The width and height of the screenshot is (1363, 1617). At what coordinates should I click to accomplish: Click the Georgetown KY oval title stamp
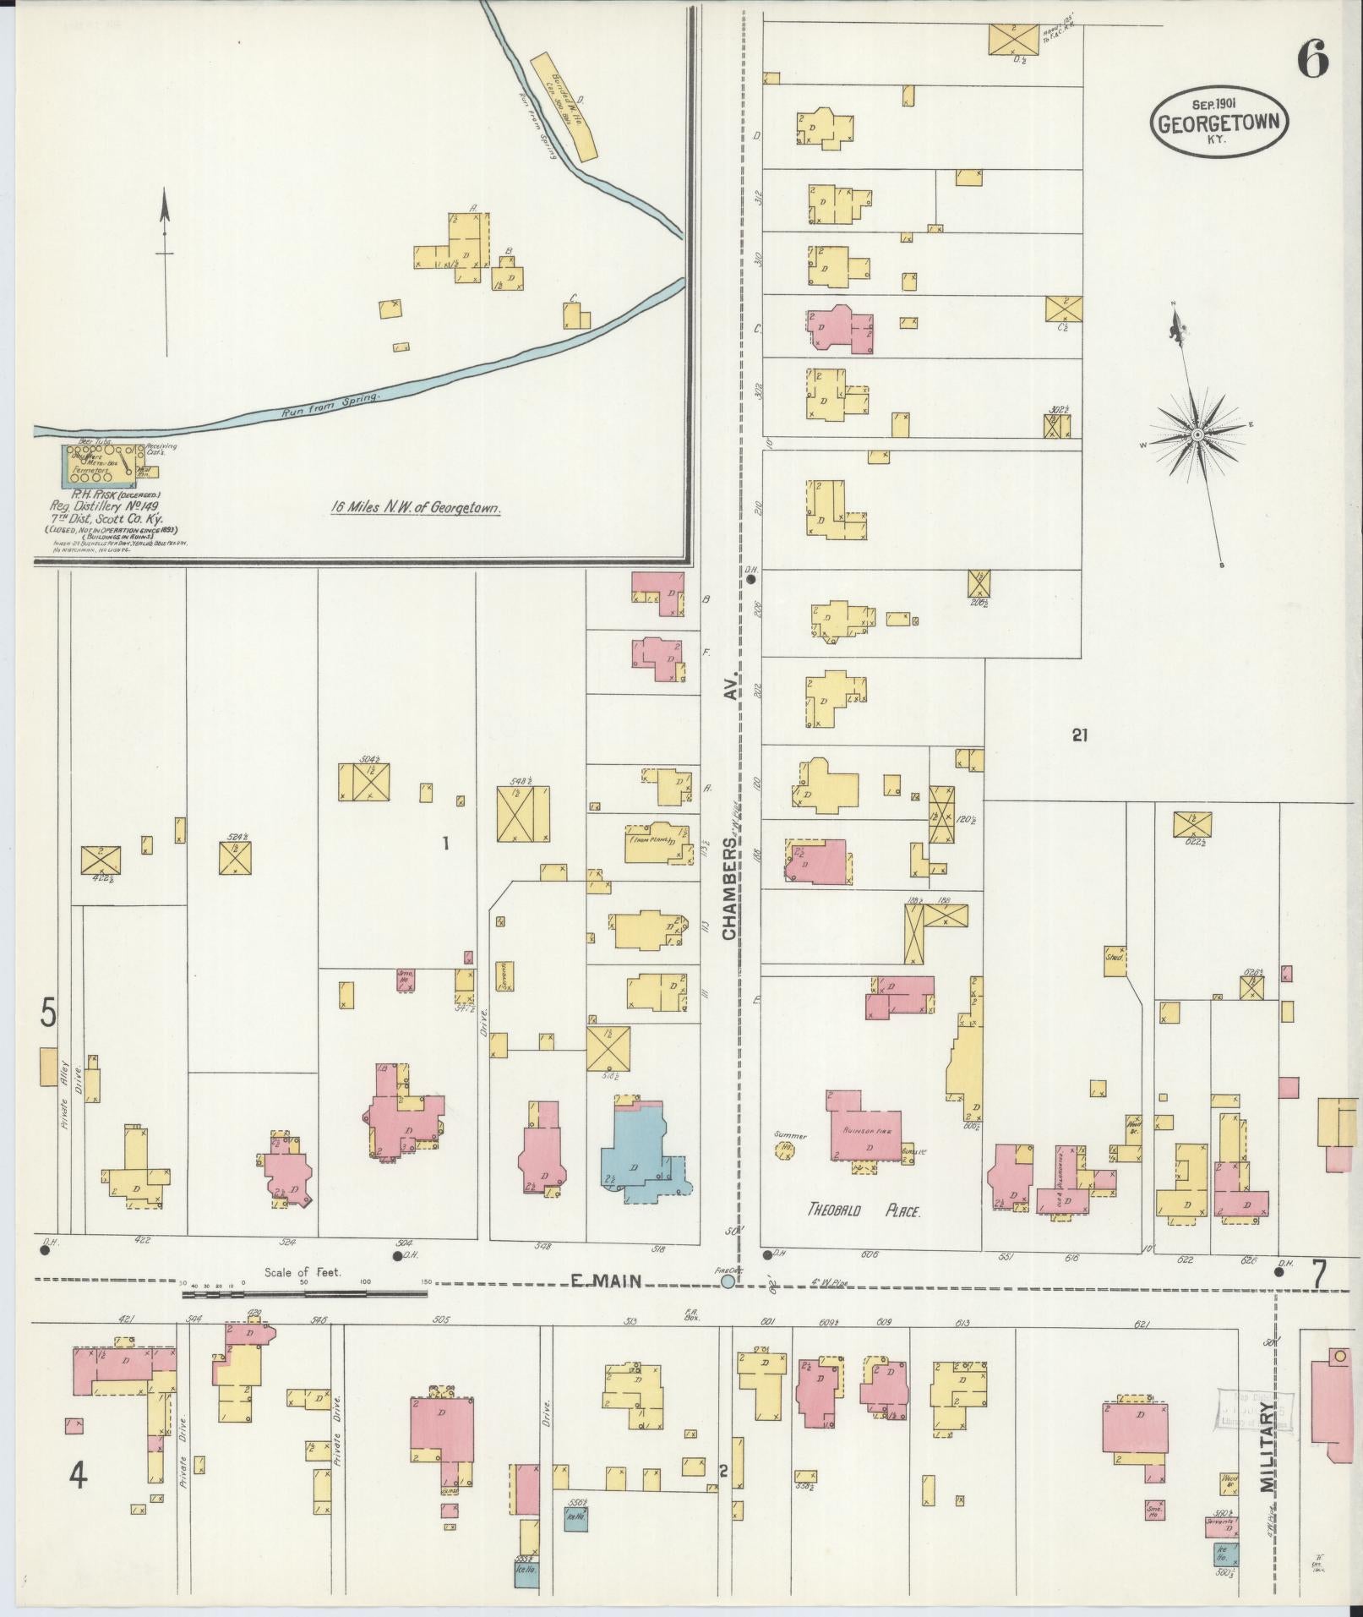tap(1219, 124)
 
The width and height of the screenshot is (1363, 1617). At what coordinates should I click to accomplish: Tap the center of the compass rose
tap(1197, 434)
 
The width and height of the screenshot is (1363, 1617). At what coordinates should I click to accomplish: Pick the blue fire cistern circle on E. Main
tap(728, 1306)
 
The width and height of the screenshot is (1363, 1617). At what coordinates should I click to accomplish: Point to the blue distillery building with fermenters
tap(102, 466)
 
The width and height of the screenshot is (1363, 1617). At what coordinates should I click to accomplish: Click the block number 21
tap(1078, 735)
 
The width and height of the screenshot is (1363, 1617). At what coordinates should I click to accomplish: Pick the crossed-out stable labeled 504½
tap(364, 782)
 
